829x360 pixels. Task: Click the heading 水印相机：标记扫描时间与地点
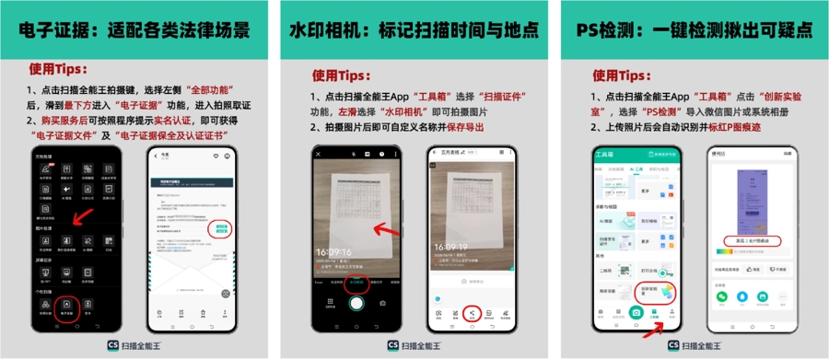(414, 30)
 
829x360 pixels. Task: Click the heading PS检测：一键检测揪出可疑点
(695, 30)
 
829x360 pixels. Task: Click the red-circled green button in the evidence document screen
(221, 227)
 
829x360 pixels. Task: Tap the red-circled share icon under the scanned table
(472, 314)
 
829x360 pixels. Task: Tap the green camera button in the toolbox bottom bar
(636, 315)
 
